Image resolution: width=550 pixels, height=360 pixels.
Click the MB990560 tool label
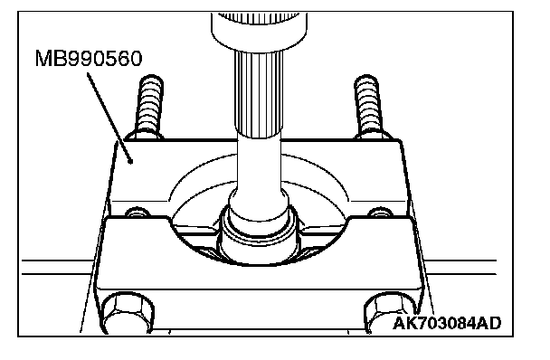[x=89, y=58]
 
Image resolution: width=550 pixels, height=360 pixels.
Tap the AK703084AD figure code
[x=447, y=323]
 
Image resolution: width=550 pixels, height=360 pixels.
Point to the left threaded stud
[x=150, y=104]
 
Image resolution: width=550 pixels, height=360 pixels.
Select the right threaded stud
[x=367, y=104]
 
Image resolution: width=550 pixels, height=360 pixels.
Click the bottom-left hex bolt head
[x=128, y=313]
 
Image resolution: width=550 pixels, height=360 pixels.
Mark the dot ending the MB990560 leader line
[x=131, y=162]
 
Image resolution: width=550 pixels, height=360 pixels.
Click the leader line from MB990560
[x=109, y=118]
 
